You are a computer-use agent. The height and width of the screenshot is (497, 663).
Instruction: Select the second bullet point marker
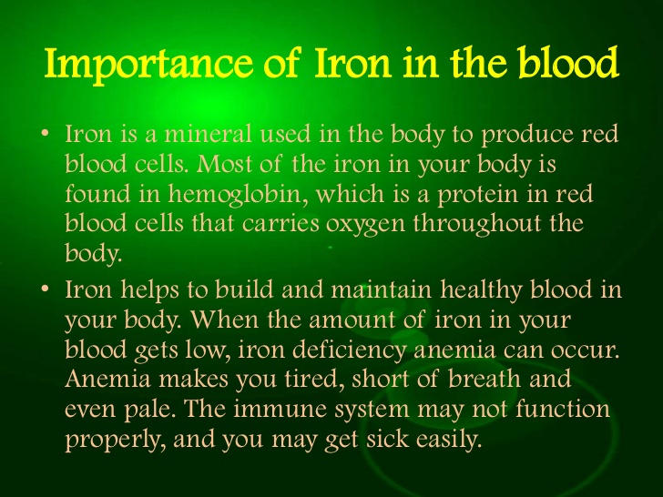click(46, 290)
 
